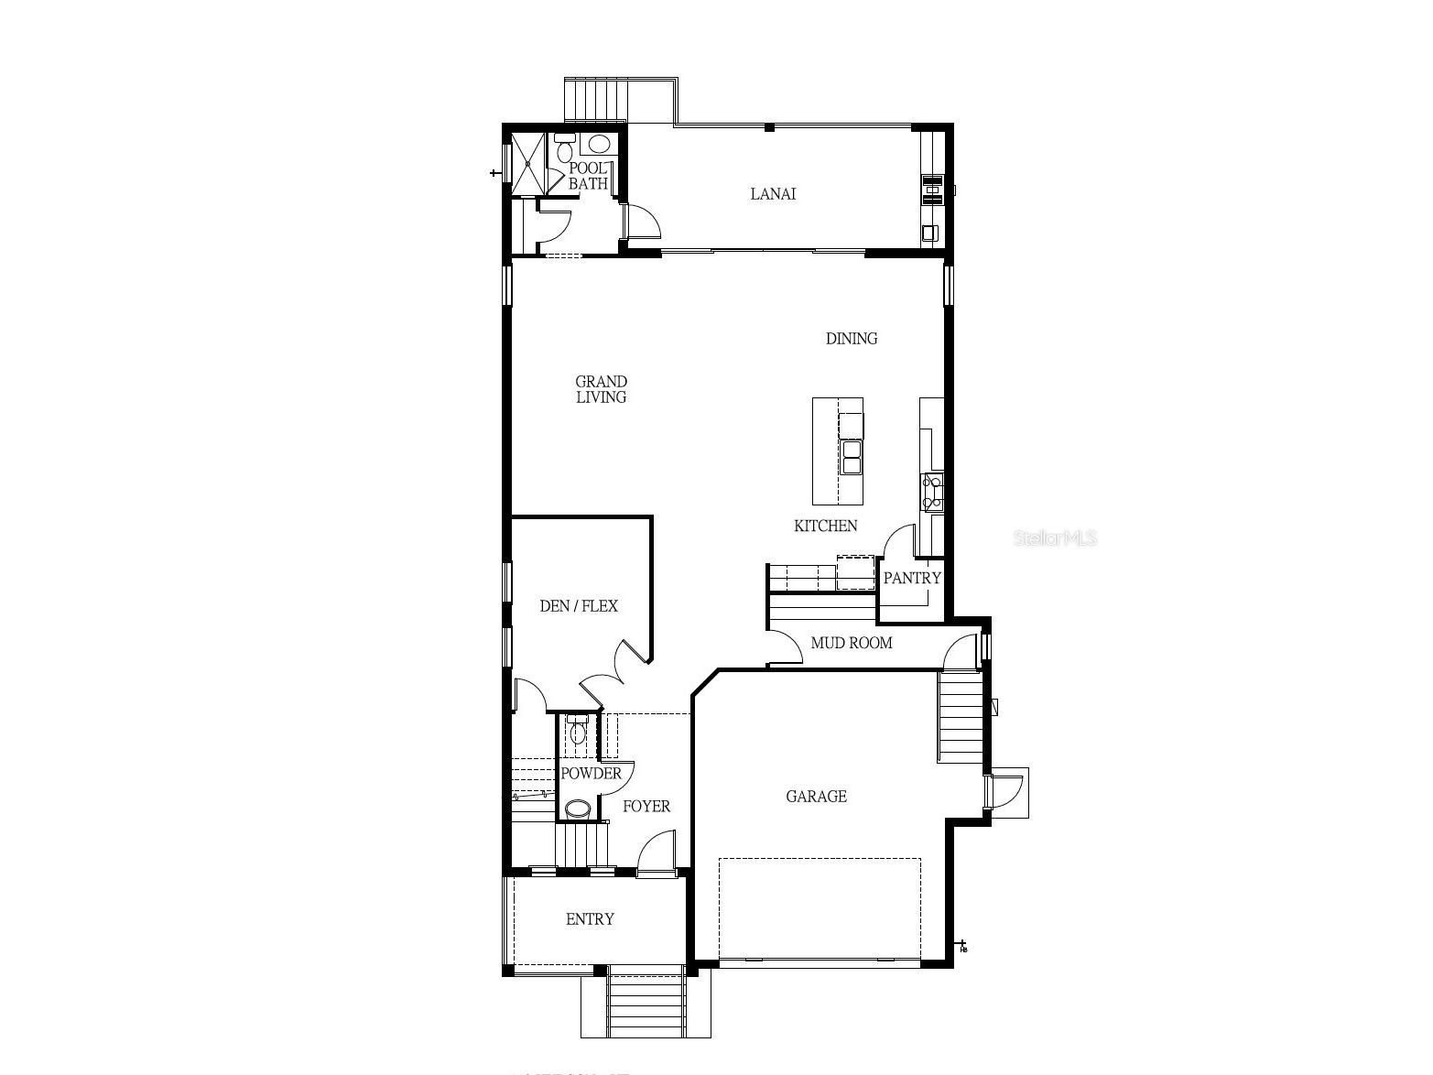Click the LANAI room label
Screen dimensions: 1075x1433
tap(773, 194)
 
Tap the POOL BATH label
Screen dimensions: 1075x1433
tap(588, 176)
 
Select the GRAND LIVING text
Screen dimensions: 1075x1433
tap(601, 389)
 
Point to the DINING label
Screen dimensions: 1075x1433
tap(852, 339)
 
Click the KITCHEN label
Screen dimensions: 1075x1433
tap(825, 526)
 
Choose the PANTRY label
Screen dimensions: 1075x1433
tap(912, 579)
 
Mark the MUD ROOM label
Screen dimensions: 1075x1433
tap(852, 643)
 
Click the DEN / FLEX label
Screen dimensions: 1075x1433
tap(579, 606)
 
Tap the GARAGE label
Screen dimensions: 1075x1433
tap(816, 797)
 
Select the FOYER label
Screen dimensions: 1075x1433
tap(646, 807)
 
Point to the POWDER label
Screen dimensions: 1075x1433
tap(591, 774)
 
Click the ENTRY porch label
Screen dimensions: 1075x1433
tap(590, 919)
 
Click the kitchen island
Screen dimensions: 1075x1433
tap(838, 451)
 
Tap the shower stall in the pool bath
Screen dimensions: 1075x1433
tap(527, 164)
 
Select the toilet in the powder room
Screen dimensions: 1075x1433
tap(577, 732)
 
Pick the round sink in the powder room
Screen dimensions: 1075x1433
tap(578, 809)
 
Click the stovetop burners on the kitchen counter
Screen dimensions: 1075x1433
tap(932, 492)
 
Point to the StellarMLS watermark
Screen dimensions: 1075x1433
tap(1055, 538)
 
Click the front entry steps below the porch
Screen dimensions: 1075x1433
tap(646, 1004)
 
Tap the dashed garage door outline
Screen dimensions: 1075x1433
tap(820, 908)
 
